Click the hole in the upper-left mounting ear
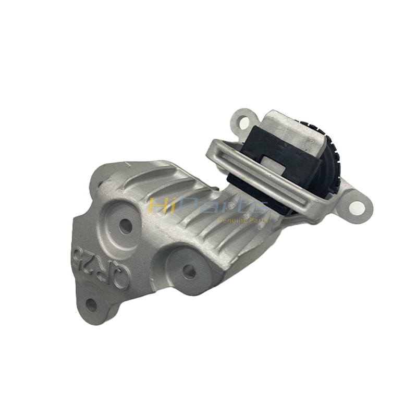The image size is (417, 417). click(244, 120)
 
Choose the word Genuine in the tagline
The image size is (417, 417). click(231, 220)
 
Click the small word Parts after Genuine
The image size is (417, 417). click(257, 220)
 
